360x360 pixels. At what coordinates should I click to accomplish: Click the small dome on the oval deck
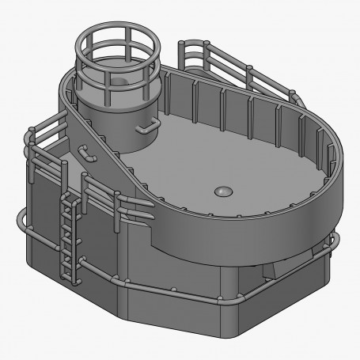(223, 191)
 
